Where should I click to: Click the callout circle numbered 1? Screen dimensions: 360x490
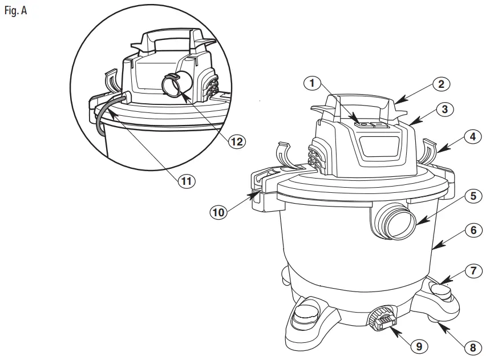pyautogui.click(x=311, y=83)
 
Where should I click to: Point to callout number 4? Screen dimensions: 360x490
pyautogui.click(x=470, y=137)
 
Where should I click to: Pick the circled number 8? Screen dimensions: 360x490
pyautogui.click(x=470, y=346)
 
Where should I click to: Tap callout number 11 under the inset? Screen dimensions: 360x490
pyautogui.click(x=185, y=181)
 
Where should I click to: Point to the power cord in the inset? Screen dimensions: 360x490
pyautogui.click(x=101, y=119)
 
